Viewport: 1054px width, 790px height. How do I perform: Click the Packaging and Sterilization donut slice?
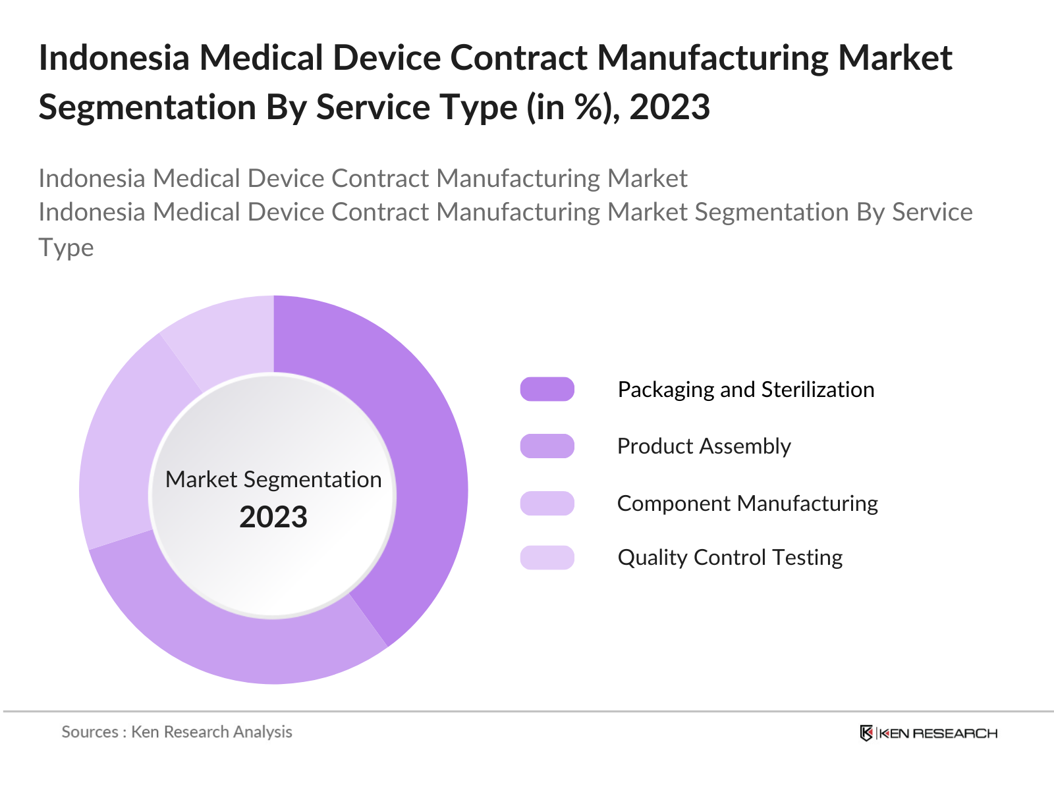coord(422,461)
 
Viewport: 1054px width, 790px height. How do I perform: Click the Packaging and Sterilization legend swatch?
coord(547,389)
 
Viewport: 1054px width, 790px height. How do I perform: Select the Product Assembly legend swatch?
coord(547,446)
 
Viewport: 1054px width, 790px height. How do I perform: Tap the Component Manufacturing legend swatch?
coord(547,503)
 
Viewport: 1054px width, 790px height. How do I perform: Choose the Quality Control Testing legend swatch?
coord(547,558)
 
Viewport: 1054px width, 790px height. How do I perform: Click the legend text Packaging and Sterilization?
coord(746,389)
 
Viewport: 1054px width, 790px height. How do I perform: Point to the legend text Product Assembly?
coord(704,446)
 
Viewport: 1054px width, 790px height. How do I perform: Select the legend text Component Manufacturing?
coord(747,503)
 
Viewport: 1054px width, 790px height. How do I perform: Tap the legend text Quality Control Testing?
coord(730,558)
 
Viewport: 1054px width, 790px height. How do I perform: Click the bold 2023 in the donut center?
coord(273,517)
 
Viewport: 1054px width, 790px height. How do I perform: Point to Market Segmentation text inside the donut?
coord(273,479)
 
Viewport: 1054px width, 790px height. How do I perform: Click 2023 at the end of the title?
coord(670,107)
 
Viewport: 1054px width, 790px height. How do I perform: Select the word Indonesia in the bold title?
coord(114,58)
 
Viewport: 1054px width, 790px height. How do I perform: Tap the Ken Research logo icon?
coord(866,733)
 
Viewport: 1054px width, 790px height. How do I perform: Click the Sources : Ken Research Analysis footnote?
coord(177,731)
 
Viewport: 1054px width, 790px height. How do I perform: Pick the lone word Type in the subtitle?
coord(66,248)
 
